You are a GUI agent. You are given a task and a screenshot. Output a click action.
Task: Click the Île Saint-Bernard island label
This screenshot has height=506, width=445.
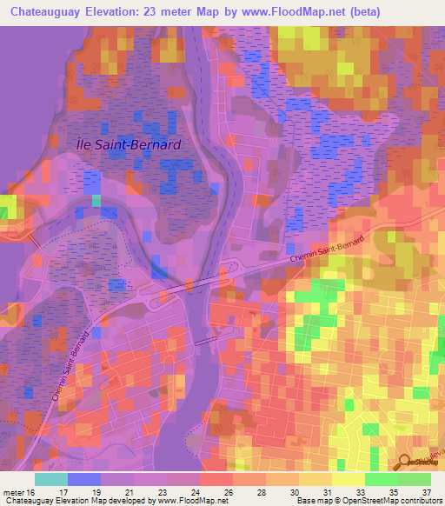click(128, 145)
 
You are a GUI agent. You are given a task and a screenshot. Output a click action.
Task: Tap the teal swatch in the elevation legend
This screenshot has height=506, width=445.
click(51, 478)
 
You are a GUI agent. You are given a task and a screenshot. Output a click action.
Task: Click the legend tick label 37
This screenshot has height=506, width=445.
click(427, 491)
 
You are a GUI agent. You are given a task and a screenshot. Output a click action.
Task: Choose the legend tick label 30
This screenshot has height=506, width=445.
click(295, 491)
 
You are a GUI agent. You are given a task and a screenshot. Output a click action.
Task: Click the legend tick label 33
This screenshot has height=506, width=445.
click(361, 491)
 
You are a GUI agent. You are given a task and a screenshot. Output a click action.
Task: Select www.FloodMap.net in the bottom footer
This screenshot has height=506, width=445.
click(188, 501)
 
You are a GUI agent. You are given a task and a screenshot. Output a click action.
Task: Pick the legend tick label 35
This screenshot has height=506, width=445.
click(394, 491)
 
